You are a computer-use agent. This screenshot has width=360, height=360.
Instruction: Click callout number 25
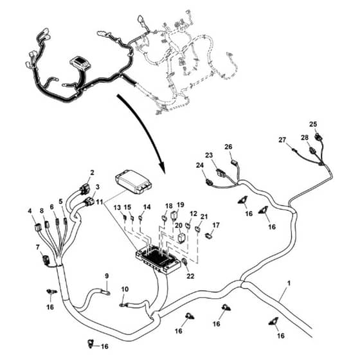pos(313,124)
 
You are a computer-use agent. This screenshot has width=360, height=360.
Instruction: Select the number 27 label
pos(282,139)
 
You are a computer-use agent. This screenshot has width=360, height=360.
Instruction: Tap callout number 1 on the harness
pos(289,283)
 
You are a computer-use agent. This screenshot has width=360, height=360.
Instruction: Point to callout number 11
pos(100,202)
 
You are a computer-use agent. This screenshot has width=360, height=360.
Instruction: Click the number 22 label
pos(190,276)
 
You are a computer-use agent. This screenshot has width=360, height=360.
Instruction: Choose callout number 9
pos(107,276)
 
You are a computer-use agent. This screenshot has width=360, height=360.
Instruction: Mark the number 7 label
pos(38,247)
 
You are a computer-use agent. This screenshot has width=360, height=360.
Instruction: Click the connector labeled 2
pos(84,189)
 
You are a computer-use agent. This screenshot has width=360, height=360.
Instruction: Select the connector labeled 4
pos(37,227)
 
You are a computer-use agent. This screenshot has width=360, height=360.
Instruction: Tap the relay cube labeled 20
pos(181,238)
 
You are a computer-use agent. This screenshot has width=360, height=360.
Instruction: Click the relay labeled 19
pos(174,216)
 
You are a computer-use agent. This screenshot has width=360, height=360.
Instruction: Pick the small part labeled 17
pos(209,235)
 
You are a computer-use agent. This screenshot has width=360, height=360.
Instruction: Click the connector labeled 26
pos(235,162)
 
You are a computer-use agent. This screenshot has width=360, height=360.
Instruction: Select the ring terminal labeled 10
pos(122,305)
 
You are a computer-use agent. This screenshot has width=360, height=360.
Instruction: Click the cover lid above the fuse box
pos(134,181)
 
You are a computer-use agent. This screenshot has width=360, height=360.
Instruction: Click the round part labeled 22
pos(184,261)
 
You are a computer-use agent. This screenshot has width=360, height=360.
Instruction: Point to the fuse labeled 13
pos(125,217)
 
